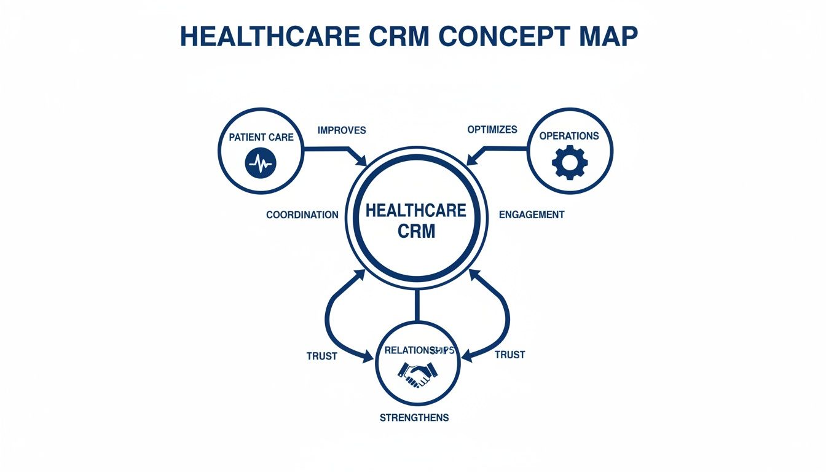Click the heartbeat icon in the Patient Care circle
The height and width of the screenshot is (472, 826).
tap(261, 163)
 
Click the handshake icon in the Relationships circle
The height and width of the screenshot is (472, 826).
tap(417, 373)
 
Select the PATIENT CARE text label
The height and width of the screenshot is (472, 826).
tap(261, 137)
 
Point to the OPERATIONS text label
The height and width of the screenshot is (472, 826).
tap(569, 136)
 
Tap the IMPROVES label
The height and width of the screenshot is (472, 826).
tap(342, 130)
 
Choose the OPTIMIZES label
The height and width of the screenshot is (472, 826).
tap(492, 130)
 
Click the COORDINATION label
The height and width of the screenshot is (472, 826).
tap(302, 215)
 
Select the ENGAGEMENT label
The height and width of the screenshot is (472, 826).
tap(532, 215)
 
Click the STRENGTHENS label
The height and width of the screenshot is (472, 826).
tap(414, 418)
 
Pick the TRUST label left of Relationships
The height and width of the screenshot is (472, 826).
tap(321, 356)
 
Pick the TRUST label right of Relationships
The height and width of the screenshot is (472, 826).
tap(509, 355)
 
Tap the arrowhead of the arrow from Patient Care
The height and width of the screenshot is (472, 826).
tap(362, 160)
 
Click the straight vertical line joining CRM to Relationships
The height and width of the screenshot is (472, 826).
tap(417, 305)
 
